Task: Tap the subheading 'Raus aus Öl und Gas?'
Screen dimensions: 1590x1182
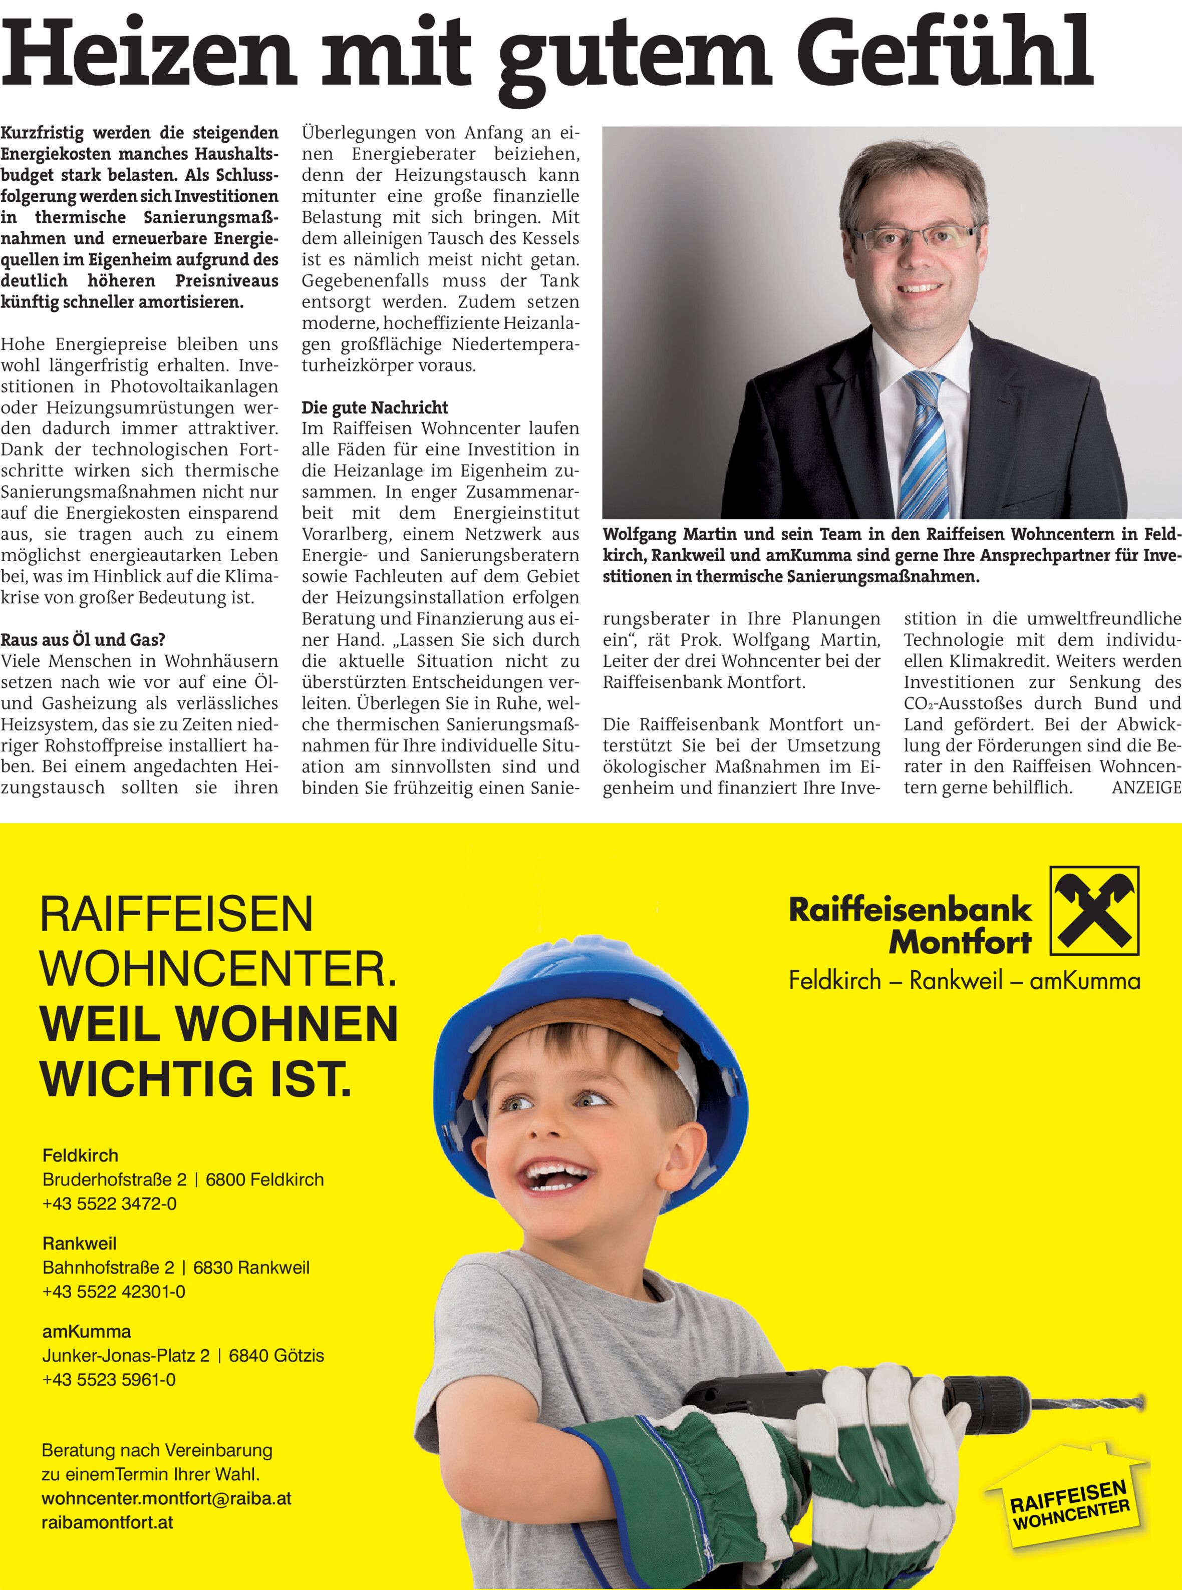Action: (83, 639)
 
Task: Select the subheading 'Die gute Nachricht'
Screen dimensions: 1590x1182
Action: (375, 408)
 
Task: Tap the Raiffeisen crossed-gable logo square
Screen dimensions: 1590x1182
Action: (1094, 911)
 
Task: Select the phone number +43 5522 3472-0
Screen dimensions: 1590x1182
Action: (110, 1204)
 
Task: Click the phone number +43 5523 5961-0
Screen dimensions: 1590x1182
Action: (109, 1380)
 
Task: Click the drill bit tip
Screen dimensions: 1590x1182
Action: (1142, 1403)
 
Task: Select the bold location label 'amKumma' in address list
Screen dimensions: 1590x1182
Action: (87, 1332)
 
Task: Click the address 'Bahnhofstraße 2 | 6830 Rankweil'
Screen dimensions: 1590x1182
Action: (176, 1268)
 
